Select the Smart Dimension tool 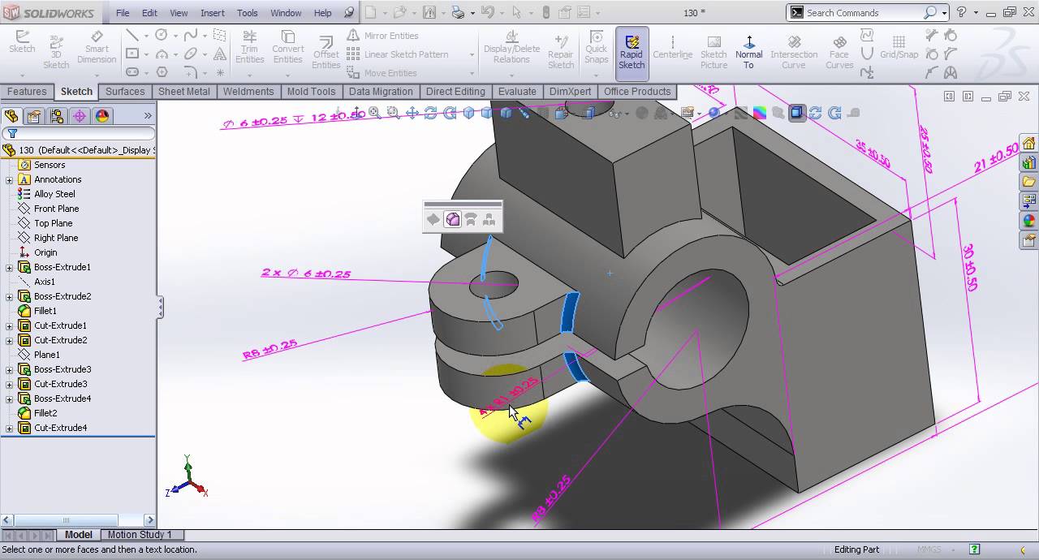click(x=97, y=49)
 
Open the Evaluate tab click(x=516, y=92)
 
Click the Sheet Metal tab click(x=183, y=92)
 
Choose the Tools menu click(x=248, y=13)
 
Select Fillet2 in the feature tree click(x=45, y=413)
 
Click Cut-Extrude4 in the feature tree click(x=60, y=428)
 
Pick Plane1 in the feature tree click(x=46, y=355)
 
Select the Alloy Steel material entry click(x=54, y=194)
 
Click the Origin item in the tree click(x=45, y=252)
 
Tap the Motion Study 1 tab click(x=140, y=535)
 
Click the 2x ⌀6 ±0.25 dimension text click(x=306, y=274)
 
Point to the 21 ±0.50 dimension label click(x=996, y=157)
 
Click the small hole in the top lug click(x=494, y=283)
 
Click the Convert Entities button click(x=287, y=49)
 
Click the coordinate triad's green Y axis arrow click(x=188, y=463)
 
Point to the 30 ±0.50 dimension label click(x=969, y=267)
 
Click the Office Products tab click(x=636, y=92)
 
